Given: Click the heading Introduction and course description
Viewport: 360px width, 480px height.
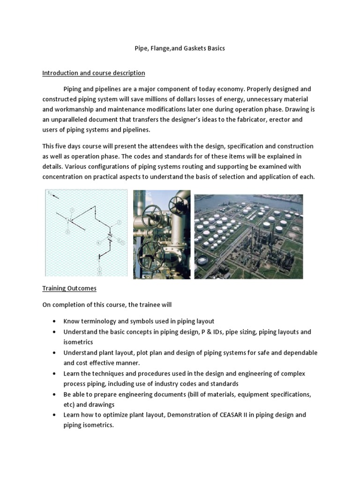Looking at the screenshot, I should [x=94, y=73].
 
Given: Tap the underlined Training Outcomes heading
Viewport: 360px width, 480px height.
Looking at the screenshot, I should [x=69, y=289].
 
